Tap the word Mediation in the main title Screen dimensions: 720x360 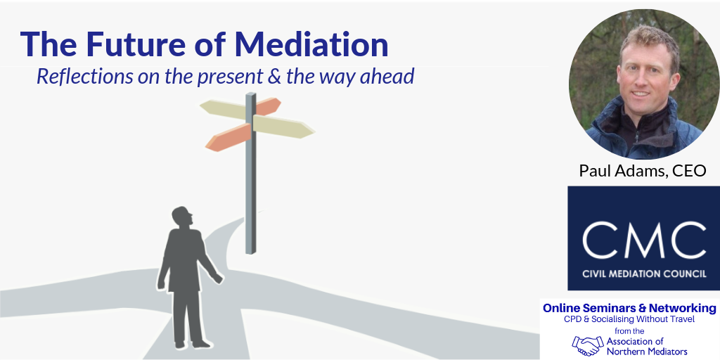click(311, 44)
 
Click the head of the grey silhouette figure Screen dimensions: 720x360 click(182, 217)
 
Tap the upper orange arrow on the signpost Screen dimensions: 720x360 click(266, 107)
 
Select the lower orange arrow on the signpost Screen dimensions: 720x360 click(228, 137)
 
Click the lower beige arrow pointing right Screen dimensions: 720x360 click(283, 127)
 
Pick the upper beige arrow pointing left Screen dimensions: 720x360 click(224, 109)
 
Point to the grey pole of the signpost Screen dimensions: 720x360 click(251, 173)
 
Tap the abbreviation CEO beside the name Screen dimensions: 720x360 click(689, 170)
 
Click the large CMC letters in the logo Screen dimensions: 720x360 click(644, 240)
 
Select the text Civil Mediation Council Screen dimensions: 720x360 click(644, 274)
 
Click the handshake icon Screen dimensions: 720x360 click(588, 345)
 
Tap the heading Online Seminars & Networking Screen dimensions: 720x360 click(629, 308)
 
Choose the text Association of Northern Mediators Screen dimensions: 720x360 click(647, 347)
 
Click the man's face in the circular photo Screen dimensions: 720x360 click(648, 78)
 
